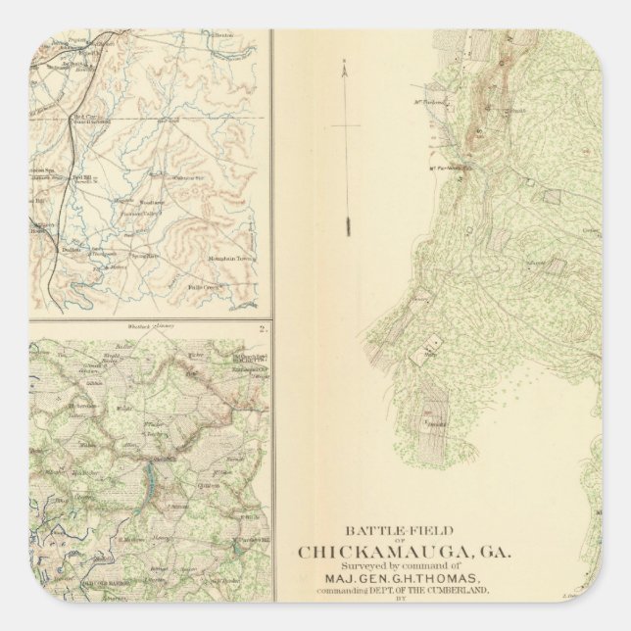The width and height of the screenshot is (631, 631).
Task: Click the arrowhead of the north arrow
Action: point(345,67)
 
